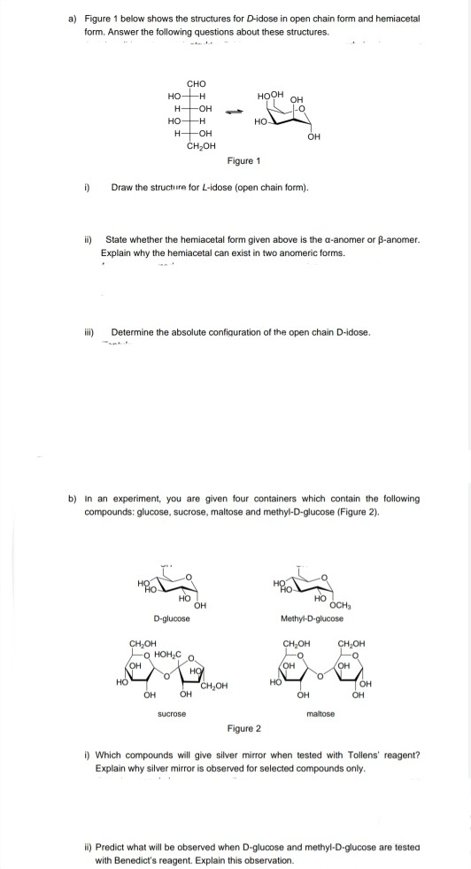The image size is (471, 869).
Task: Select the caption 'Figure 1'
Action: tap(244, 161)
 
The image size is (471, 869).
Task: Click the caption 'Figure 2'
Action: tap(244, 728)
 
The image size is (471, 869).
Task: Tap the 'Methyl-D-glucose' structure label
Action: tap(311, 617)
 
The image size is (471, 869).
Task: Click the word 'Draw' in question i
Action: tap(121, 188)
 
